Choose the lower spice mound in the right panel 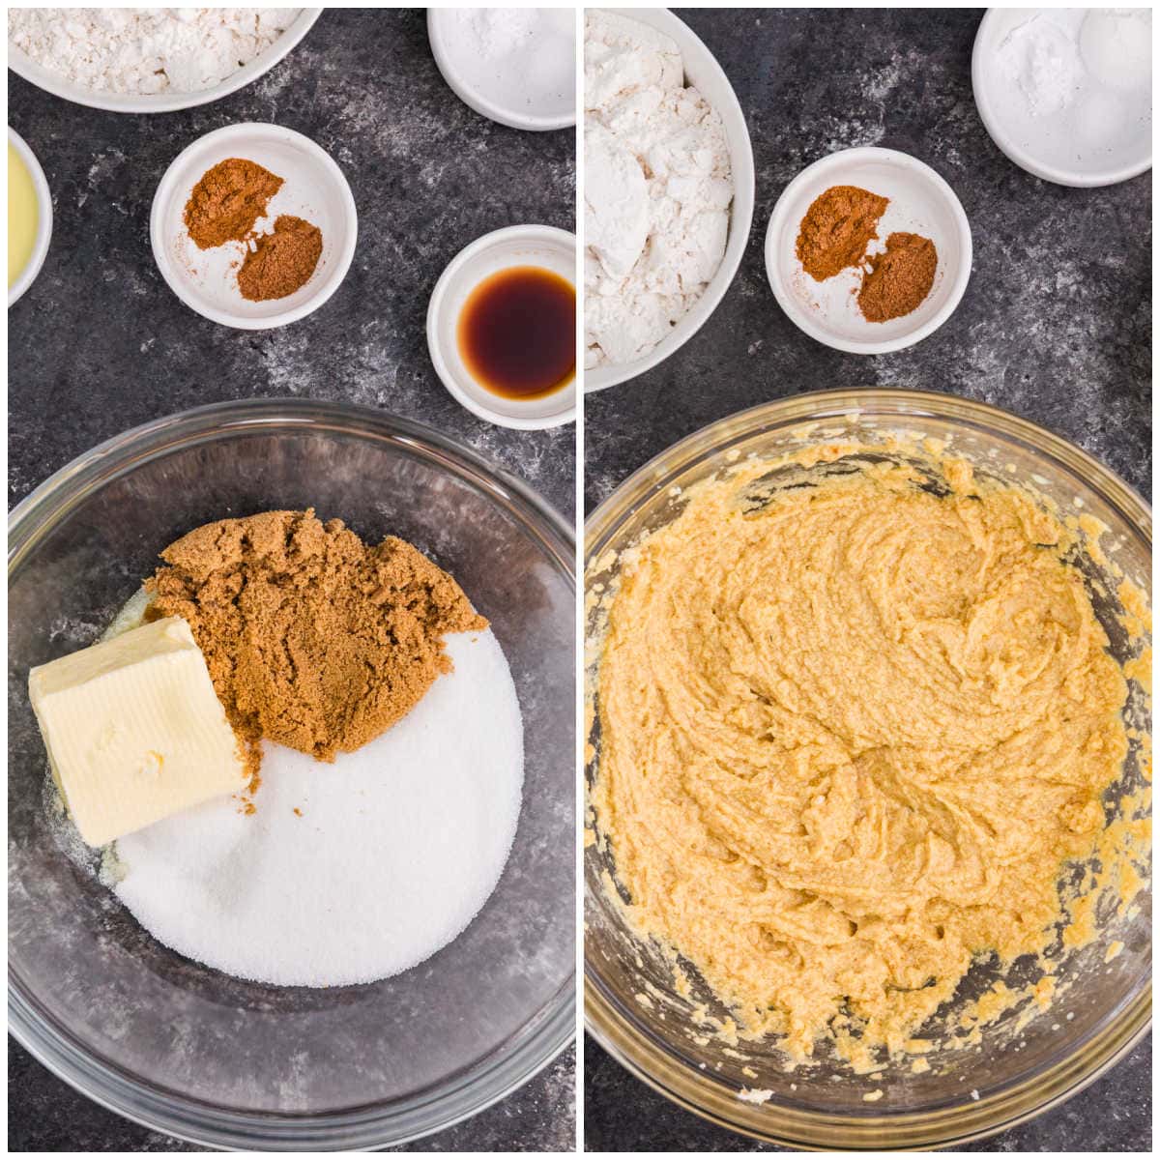point(897,276)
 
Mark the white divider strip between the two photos point(580,580)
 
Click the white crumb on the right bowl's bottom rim point(757,1096)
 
